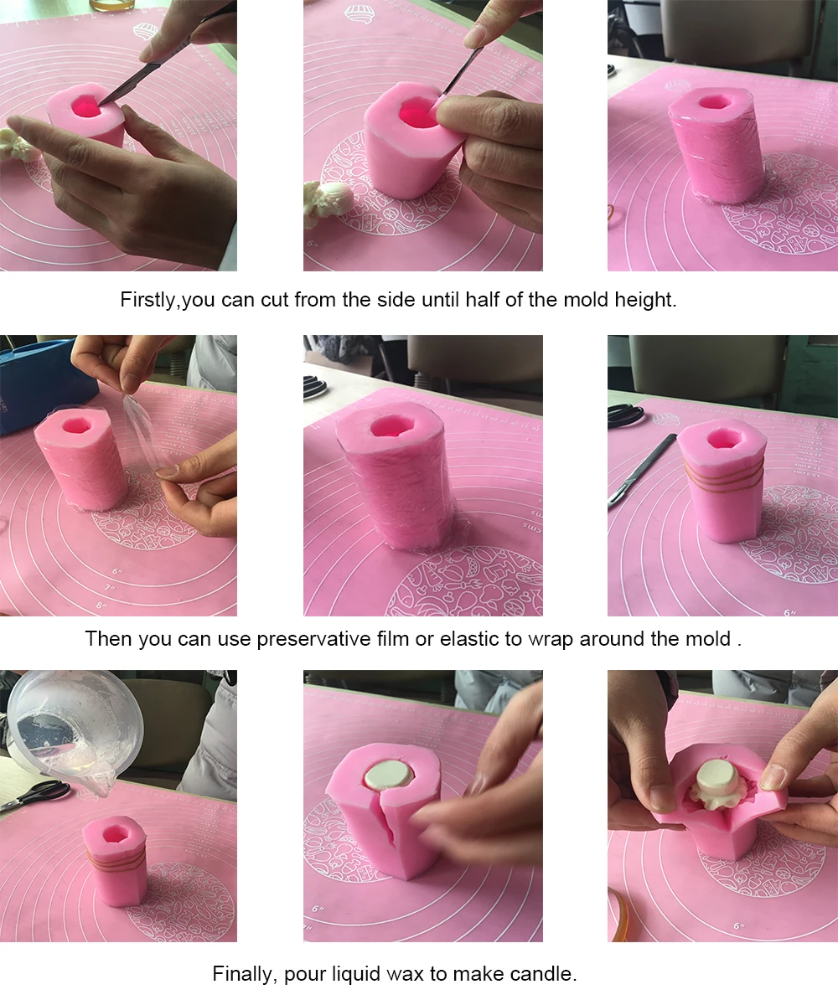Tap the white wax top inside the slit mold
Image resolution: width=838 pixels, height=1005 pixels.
388,775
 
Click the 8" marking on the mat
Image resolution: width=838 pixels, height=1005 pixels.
101,605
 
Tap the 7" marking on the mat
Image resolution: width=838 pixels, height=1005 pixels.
110,588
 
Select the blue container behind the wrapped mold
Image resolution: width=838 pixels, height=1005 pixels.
44,380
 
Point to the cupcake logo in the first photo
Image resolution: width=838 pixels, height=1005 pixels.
145,32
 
